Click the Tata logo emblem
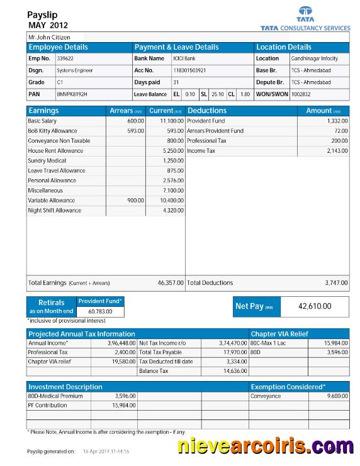[x=305, y=12]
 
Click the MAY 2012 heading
[x=48, y=25]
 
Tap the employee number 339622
[x=65, y=58]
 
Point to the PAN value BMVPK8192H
[x=72, y=94]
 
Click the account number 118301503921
[x=189, y=70]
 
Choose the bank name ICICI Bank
[x=184, y=58]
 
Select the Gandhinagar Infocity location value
[x=314, y=58]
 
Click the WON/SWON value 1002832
[x=301, y=94]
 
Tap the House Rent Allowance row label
[x=55, y=151]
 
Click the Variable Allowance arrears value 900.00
[x=135, y=201]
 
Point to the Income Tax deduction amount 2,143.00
[x=337, y=151]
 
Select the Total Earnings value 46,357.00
[x=171, y=283]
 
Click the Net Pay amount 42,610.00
[x=314, y=306]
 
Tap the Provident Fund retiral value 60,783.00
[x=101, y=311]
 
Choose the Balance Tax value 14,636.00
[x=234, y=371]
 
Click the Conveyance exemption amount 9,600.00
[x=337, y=396]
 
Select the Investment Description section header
[x=65, y=387]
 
